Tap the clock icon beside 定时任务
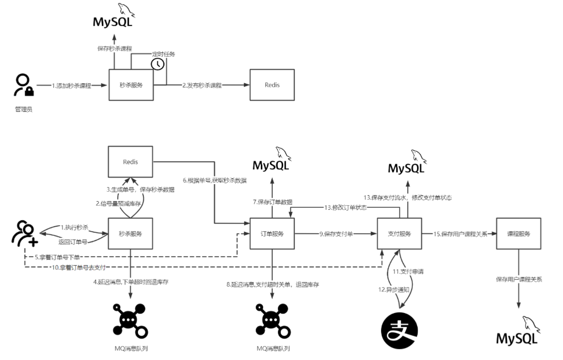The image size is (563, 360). [x=157, y=64]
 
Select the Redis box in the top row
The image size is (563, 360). [x=272, y=85]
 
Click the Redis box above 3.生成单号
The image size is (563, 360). [x=130, y=162]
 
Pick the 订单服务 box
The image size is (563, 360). [x=272, y=233]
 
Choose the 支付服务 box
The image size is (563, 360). [x=399, y=233]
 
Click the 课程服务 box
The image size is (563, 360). [x=519, y=233]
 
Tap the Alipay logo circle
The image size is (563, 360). [x=399, y=330]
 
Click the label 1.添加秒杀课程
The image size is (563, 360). [x=72, y=85]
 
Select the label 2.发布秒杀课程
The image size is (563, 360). [x=201, y=85]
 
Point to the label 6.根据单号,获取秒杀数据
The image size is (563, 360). [x=215, y=180]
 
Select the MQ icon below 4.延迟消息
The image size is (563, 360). [x=129, y=320]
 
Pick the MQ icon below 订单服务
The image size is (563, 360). [x=272, y=320]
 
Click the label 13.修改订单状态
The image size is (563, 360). [x=346, y=207]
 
